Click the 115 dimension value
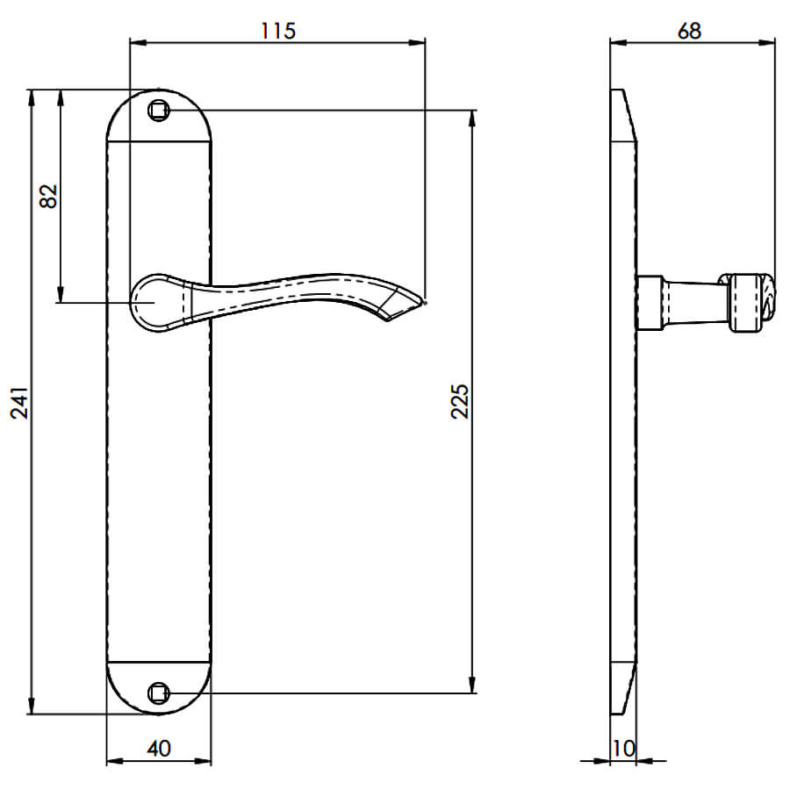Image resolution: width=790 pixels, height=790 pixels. pyautogui.click(x=278, y=31)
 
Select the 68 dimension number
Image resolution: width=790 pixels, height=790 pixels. pyautogui.click(x=689, y=31)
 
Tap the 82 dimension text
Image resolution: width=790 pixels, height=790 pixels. pyautogui.click(x=49, y=196)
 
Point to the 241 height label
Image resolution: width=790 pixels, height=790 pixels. pyautogui.click(x=20, y=403)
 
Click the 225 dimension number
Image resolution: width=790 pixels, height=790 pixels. pyautogui.click(x=459, y=401)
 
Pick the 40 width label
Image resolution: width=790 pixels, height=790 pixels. pyautogui.click(x=159, y=749)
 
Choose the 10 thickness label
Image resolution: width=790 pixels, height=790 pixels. pyautogui.click(x=624, y=749)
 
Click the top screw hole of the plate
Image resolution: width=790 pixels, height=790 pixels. pyautogui.click(x=159, y=111)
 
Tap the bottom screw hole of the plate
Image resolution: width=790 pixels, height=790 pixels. pyautogui.click(x=159, y=693)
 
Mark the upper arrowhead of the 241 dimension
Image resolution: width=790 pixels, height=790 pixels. pyautogui.click(x=32, y=97)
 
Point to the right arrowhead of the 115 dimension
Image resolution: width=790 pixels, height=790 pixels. pyautogui.click(x=417, y=43)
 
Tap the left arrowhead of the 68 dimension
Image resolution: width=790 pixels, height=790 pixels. pyautogui.click(x=618, y=43)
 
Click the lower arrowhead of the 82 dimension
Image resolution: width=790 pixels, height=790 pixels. pyautogui.click(x=61, y=295)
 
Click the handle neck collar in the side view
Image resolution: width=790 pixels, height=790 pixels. pyautogui.click(x=650, y=303)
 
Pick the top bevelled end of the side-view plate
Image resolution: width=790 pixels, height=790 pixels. pyautogui.click(x=624, y=115)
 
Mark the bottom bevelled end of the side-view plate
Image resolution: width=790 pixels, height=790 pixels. pyautogui.click(x=624, y=688)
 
